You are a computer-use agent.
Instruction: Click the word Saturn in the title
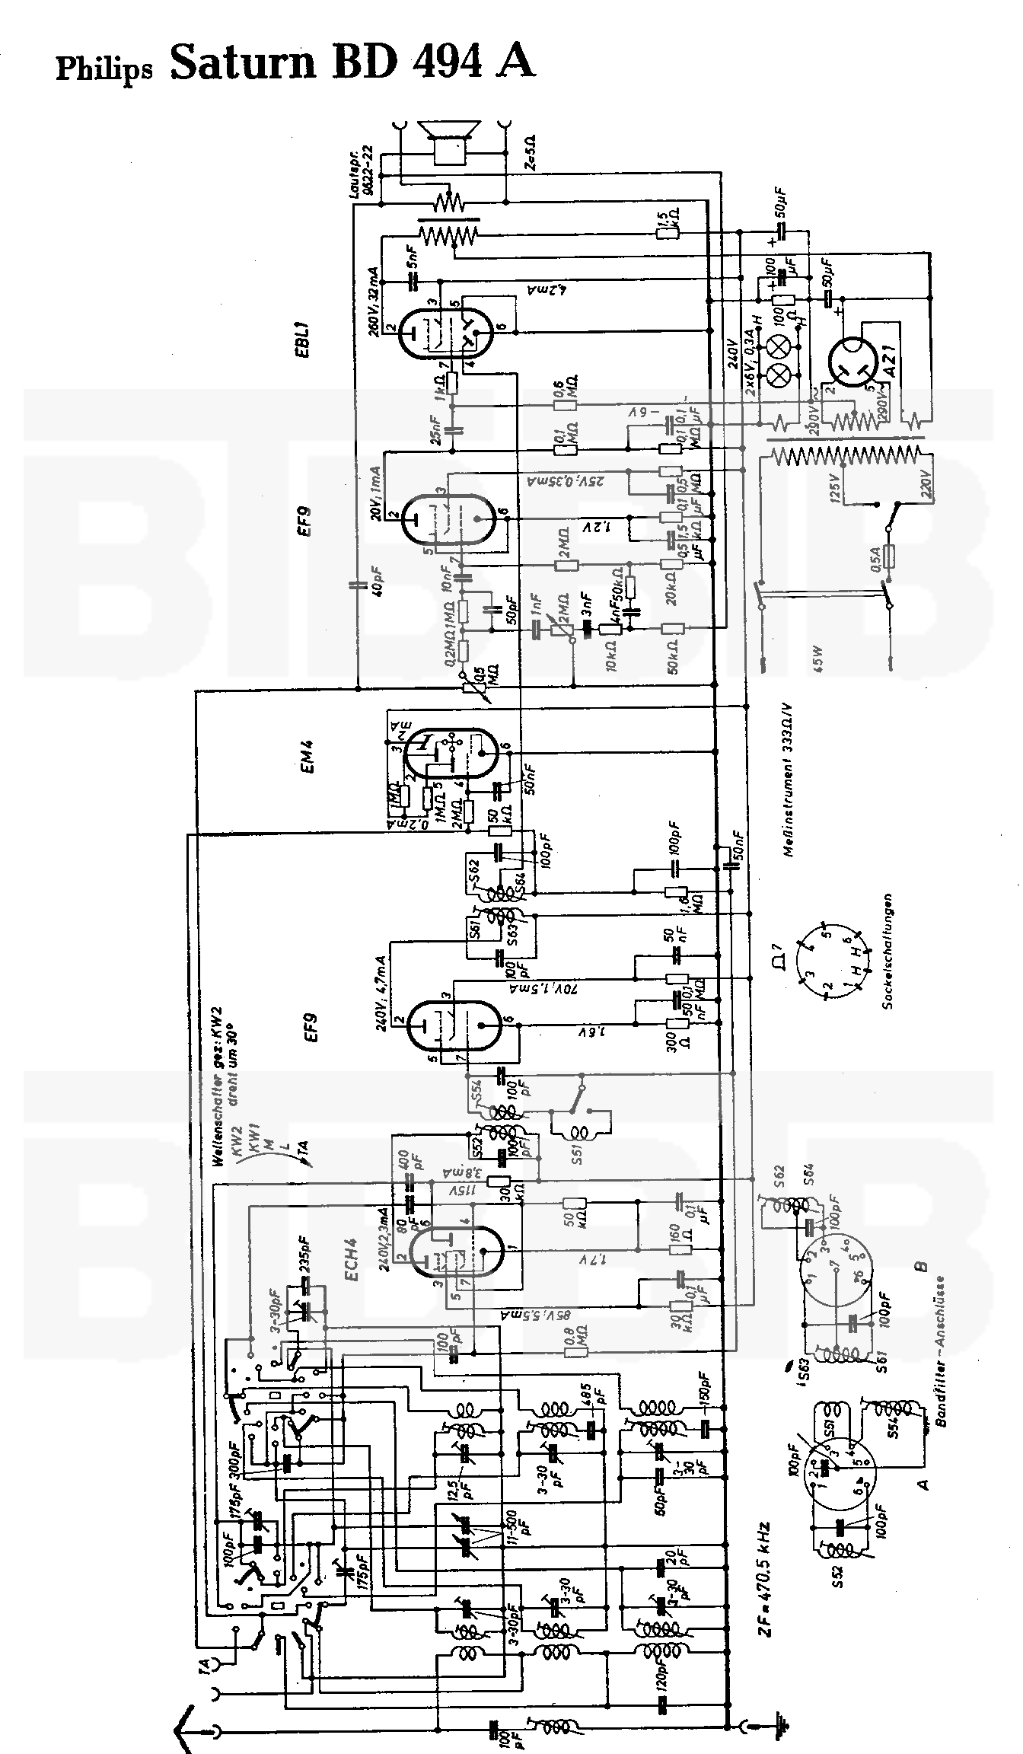click(243, 62)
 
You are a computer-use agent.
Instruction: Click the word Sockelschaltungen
click(888, 952)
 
